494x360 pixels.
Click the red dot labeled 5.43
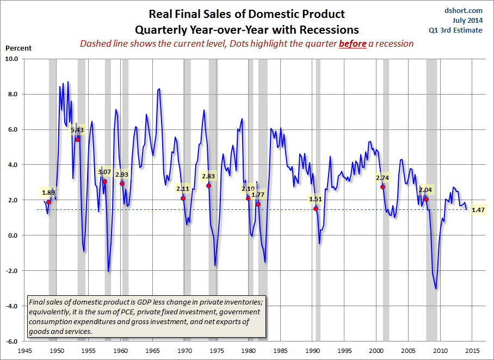pos(77,139)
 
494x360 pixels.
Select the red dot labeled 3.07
pos(104,181)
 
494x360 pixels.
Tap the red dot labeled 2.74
pos(382,187)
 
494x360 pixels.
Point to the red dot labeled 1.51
pos(316,208)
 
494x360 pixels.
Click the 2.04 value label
pos(426,190)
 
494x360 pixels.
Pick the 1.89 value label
pos(48,192)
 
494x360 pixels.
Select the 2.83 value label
pos(208,176)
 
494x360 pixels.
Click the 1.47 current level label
pos(478,209)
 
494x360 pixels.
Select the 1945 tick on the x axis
pos(24,350)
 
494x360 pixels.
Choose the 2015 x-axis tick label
pos(472,350)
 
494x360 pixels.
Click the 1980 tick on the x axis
pos(249,350)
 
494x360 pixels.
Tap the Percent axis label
pos(18,48)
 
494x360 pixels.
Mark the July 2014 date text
pos(467,21)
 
